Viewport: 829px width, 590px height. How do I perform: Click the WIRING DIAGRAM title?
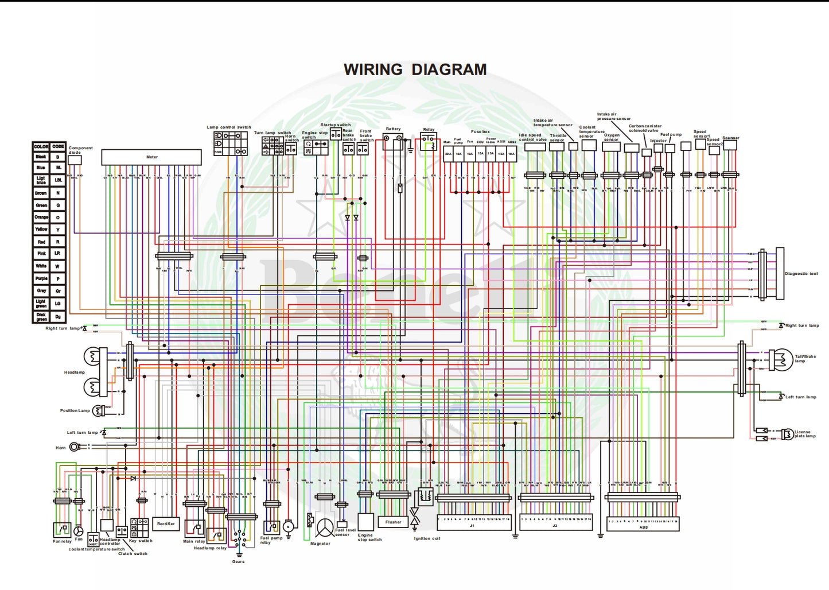[415, 69]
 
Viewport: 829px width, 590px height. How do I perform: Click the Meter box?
[151, 157]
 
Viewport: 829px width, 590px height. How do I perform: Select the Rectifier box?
[166, 524]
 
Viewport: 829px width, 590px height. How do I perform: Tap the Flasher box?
[393, 522]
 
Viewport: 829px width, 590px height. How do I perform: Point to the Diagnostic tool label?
[801, 274]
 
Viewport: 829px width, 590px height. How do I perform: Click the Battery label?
[394, 129]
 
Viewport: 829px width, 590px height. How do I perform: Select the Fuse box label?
[480, 132]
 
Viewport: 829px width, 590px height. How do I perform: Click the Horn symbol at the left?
[75, 447]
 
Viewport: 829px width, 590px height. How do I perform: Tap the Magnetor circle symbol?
[325, 528]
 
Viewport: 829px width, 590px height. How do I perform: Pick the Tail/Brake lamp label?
[805, 358]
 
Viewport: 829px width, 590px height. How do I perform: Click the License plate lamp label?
[804, 434]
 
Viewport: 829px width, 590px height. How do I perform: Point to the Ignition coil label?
[427, 538]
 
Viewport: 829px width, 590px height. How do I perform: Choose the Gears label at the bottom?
[238, 561]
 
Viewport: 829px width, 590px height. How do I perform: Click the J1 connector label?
[472, 526]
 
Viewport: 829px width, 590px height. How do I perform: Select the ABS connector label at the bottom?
[643, 527]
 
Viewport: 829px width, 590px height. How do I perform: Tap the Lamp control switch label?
[229, 127]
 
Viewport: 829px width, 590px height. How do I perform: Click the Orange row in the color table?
[49, 218]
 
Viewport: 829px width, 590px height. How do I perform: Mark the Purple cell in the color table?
[41, 278]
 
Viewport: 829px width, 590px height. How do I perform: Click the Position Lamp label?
[75, 410]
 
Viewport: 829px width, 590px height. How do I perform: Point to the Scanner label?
[730, 138]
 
